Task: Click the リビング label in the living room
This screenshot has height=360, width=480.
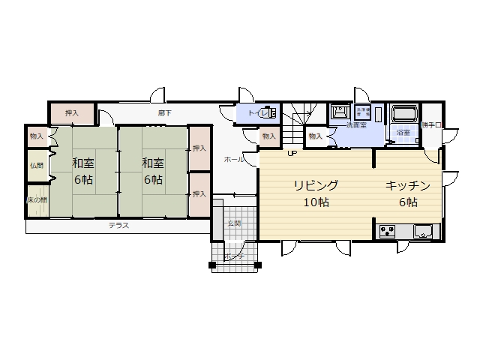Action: click(316, 184)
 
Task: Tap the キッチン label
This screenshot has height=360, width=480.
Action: click(408, 184)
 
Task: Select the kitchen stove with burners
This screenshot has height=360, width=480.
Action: click(388, 231)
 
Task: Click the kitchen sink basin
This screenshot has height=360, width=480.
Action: click(422, 232)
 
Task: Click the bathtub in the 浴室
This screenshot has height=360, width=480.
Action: click(403, 114)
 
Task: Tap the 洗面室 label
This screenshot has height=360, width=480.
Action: click(355, 124)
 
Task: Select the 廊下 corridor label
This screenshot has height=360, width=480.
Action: click(164, 113)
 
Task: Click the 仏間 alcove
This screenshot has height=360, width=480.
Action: click(36, 165)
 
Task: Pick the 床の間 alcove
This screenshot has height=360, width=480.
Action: click(37, 199)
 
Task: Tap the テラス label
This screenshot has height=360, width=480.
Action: click(117, 225)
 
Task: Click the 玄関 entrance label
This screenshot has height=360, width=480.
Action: click(235, 223)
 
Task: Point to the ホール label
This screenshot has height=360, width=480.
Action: click(232, 160)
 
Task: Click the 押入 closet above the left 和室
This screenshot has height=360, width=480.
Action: click(72, 113)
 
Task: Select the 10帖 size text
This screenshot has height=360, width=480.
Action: click(316, 202)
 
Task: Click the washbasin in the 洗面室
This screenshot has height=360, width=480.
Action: click(339, 112)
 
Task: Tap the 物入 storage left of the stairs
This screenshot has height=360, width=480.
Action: click(268, 136)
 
